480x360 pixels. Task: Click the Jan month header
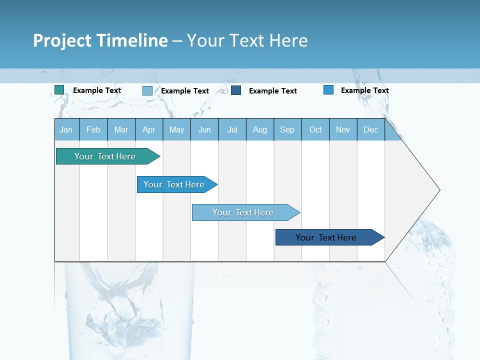pyautogui.click(x=66, y=129)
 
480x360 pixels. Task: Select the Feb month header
pyautogui.click(x=93, y=129)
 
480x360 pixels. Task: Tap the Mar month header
pyautogui.click(x=121, y=129)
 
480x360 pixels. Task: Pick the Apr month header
pyautogui.click(x=149, y=129)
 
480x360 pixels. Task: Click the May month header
pyautogui.click(x=176, y=129)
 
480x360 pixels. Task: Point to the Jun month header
pyautogui.click(x=204, y=129)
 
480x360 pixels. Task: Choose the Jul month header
pyautogui.click(x=232, y=129)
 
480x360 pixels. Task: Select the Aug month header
pyautogui.click(x=260, y=129)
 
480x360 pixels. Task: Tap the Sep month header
pyautogui.click(x=287, y=129)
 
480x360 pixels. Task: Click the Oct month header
pyautogui.click(x=315, y=129)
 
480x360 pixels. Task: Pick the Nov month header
pyautogui.click(x=343, y=129)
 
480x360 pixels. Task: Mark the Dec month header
pyautogui.click(x=371, y=129)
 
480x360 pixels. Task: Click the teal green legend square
pyautogui.click(x=59, y=90)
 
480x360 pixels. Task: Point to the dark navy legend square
pyautogui.click(x=236, y=90)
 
